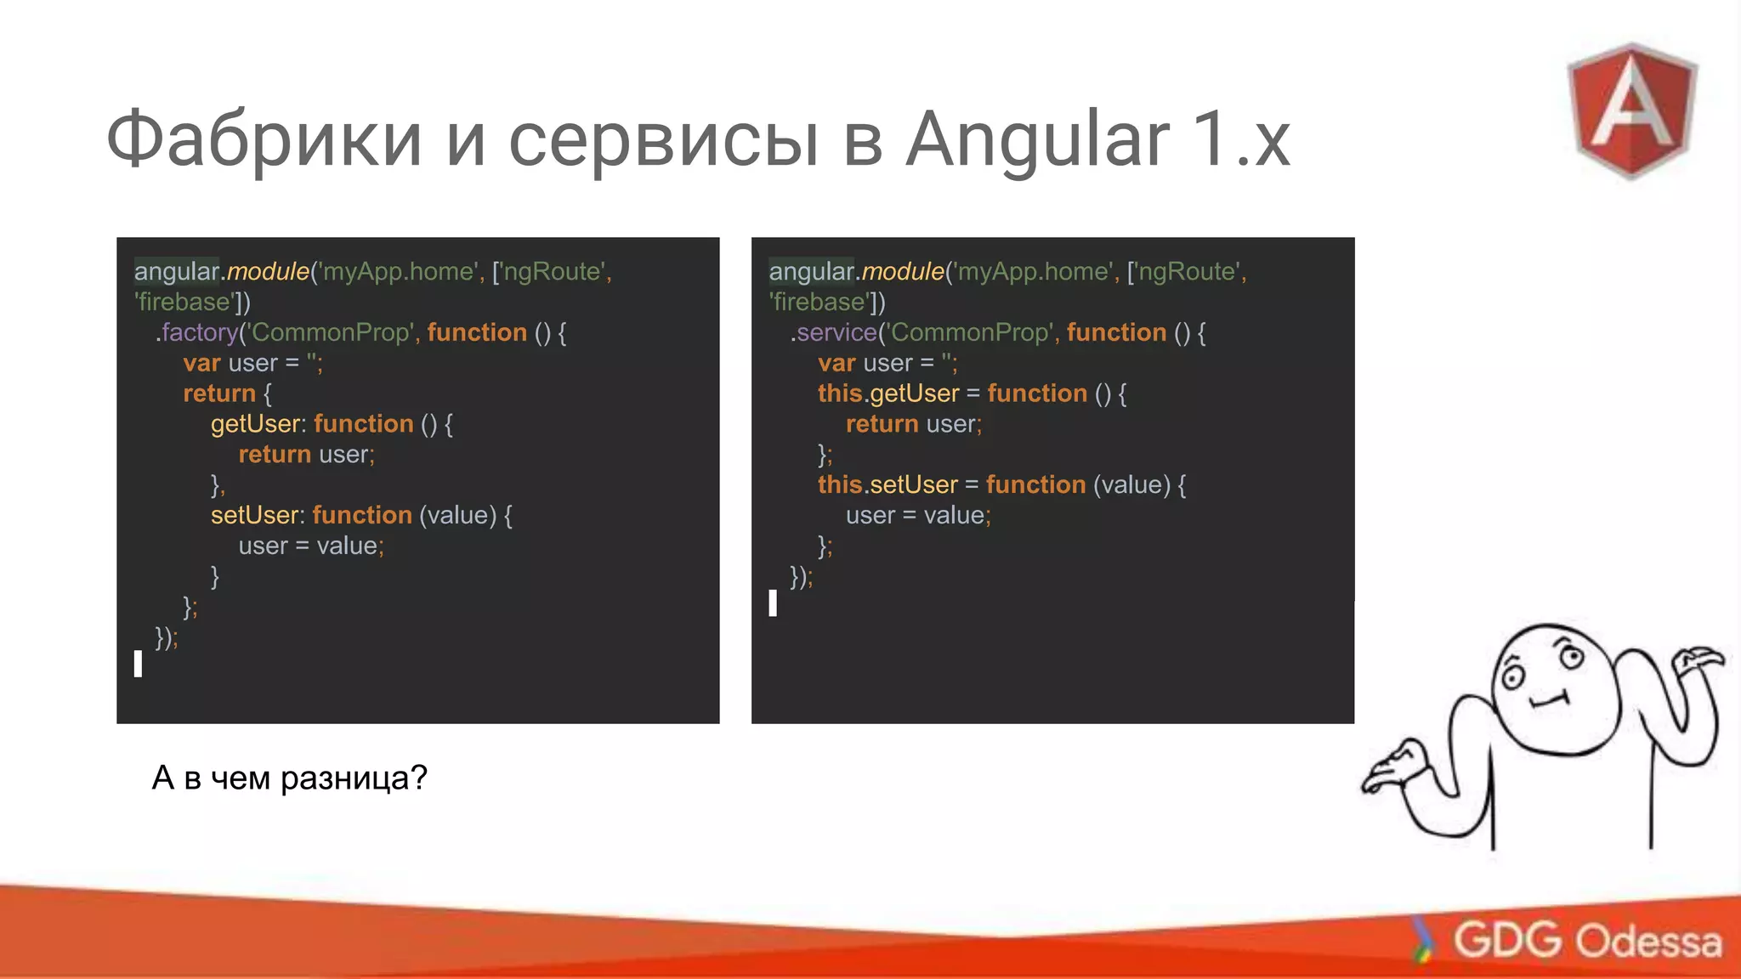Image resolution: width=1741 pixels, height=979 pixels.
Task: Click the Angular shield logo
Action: pyautogui.click(x=1631, y=110)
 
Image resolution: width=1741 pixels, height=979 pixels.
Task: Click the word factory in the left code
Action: pyautogui.click(x=200, y=332)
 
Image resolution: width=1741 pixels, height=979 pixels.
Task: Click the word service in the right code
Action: pyautogui.click(x=836, y=332)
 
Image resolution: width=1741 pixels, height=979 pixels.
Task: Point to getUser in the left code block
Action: pyautogui.click(x=255, y=424)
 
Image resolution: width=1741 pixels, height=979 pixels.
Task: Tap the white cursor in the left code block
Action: pyautogui.click(x=138, y=664)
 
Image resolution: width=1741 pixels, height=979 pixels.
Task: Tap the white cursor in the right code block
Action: pyautogui.click(x=773, y=603)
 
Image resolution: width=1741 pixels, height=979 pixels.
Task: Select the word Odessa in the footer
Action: pyautogui.click(x=1649, y=942)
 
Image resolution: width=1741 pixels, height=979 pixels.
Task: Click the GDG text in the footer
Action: pyautogui.click(x=1506, y=940)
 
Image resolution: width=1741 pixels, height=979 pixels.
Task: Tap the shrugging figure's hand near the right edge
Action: pyautogui.click(x=1696, y=659)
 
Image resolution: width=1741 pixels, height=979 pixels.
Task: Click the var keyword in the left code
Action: pyautogui.click(x=201, y=363)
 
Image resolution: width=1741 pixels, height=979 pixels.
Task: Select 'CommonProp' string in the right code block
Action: pyautogui.click(x=969, y=332)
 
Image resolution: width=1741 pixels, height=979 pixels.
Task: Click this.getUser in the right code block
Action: pyautogui.click(x=888, y=393)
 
